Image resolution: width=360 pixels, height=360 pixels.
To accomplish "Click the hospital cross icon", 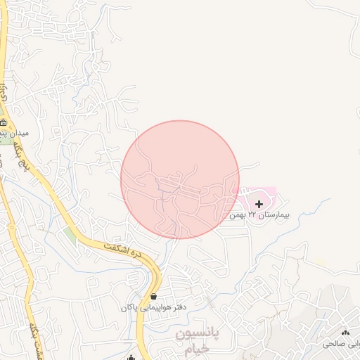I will (x=259, y=204).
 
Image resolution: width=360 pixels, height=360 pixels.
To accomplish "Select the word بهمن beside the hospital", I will (x=236, y=214).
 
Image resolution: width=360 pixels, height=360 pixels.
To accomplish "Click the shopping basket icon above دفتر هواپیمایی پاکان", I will (x=153, y=297).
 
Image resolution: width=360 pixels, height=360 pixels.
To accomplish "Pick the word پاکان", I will (x=127, y=308).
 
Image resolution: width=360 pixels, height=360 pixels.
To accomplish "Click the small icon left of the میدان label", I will (x=4, y=122).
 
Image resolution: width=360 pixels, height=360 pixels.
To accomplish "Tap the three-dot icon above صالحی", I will (x=345, y=333).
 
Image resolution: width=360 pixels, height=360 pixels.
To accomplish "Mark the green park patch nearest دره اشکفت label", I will (x=69, y=233).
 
